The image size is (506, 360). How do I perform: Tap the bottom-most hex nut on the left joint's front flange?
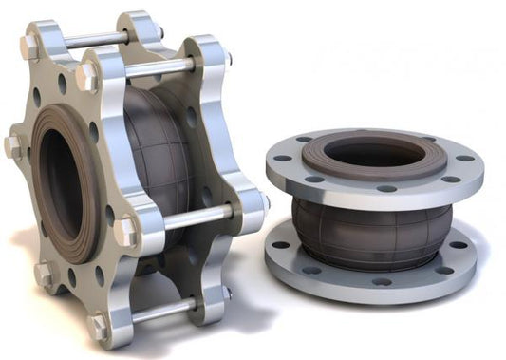98,326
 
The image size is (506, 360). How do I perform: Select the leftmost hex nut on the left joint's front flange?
12,146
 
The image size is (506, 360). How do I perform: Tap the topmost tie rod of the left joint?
95,40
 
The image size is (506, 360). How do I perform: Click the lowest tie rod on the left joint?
161,308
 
